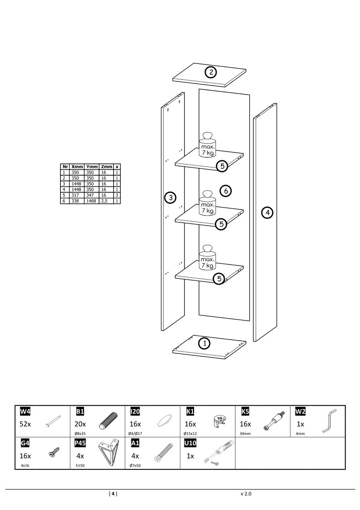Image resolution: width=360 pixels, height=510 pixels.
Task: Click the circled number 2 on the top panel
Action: [211, 73]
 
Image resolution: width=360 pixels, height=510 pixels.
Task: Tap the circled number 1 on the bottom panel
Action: [205, 344]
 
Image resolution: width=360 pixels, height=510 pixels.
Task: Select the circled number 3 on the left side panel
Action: [171, 197]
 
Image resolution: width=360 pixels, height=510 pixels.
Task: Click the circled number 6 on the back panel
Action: [226, 191]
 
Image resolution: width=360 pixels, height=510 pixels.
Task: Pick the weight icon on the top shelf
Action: [208, 145]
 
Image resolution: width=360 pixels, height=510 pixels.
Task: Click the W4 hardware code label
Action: [25, 411]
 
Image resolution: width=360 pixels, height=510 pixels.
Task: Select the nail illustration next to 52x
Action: [53, 422]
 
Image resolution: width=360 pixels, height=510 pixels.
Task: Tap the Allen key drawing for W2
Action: [329, 421]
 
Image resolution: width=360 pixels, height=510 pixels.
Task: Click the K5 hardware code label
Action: [245, 411]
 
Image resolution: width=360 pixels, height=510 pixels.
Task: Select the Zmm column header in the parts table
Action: [107, 166]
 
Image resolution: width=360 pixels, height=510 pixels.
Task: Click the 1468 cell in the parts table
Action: [91, 201]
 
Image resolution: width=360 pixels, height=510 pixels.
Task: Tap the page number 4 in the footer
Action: [113, 493]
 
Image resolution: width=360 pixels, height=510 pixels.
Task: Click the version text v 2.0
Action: [246, 493]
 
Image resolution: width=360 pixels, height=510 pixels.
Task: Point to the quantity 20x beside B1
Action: [81, 424]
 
